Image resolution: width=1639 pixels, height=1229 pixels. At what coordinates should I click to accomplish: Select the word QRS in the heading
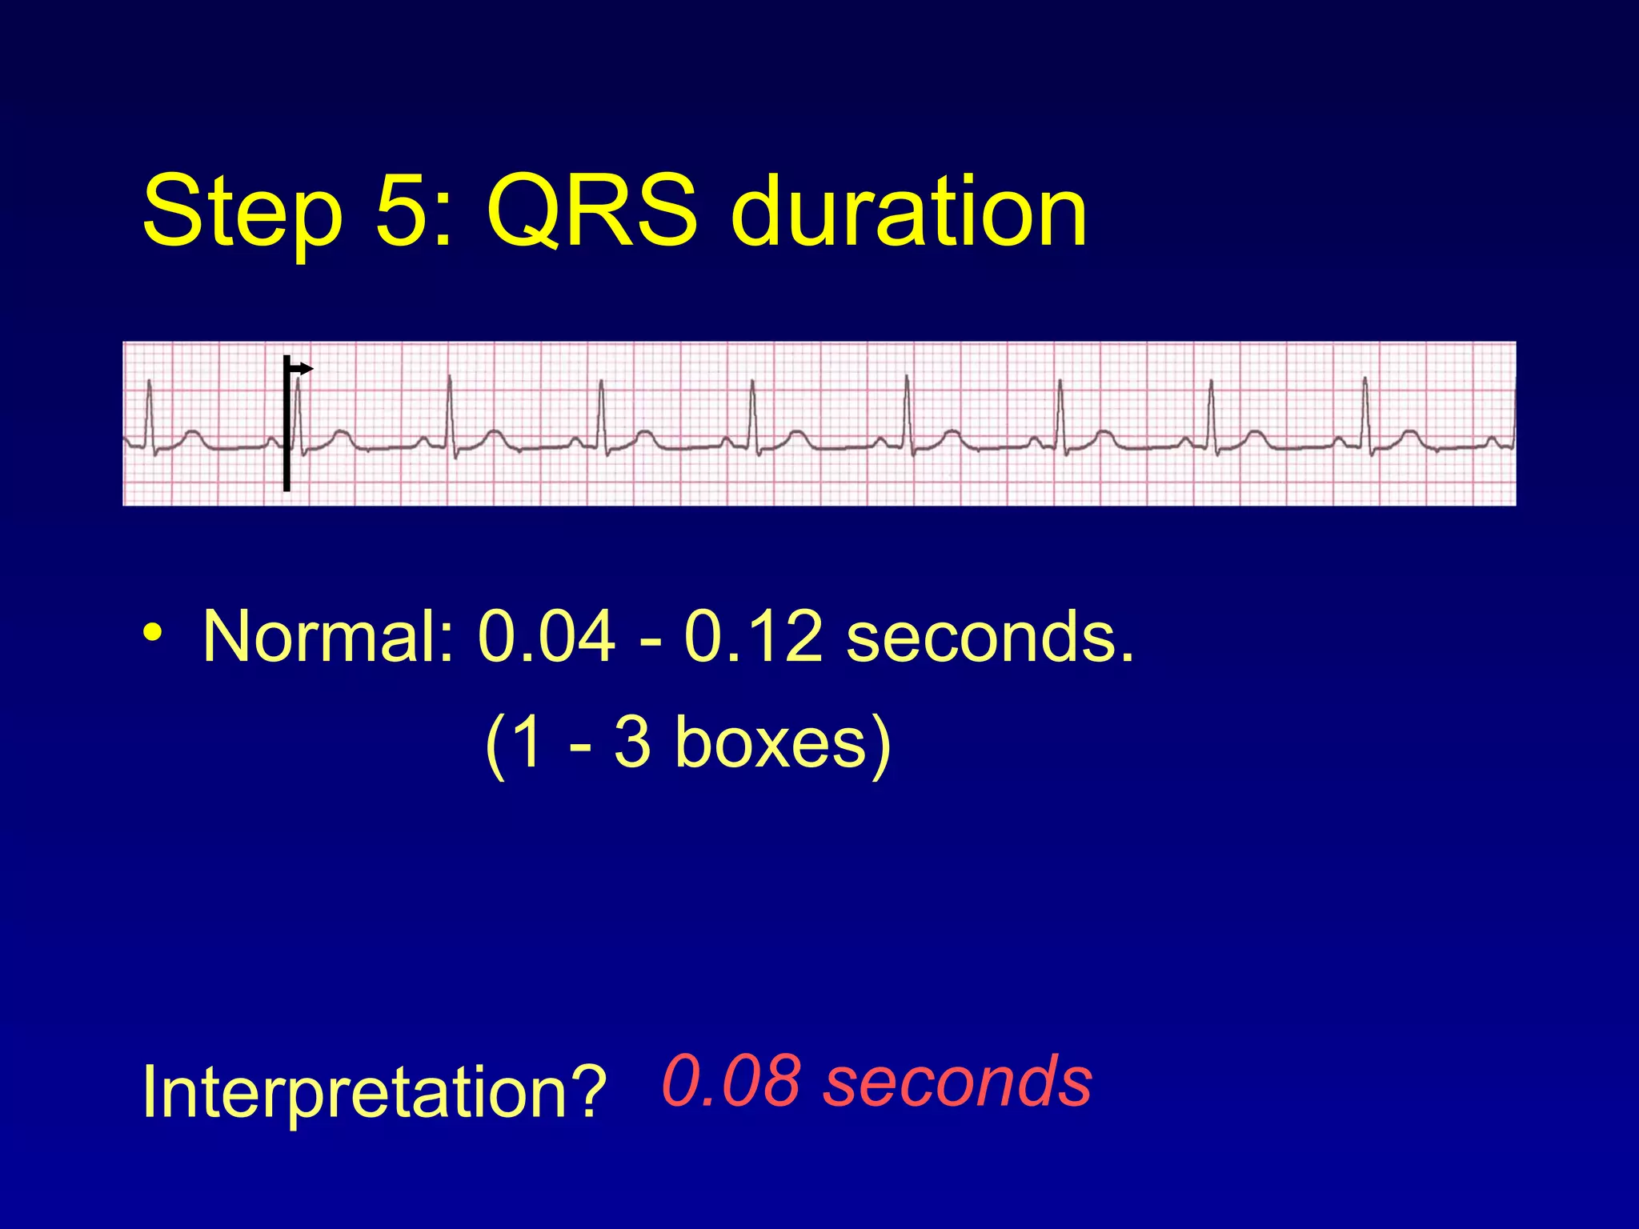click(591, 211)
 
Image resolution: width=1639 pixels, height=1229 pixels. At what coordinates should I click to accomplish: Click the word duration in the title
click(908, 211)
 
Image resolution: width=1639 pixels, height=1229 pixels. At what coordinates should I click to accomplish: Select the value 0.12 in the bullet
click(752, 637)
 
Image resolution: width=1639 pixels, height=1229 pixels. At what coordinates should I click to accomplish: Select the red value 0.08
click(730, 1080)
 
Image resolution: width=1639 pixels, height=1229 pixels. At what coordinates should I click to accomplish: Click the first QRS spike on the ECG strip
click(149, 408)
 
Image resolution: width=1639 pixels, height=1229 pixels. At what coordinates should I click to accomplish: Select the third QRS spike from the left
click(450, 408)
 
